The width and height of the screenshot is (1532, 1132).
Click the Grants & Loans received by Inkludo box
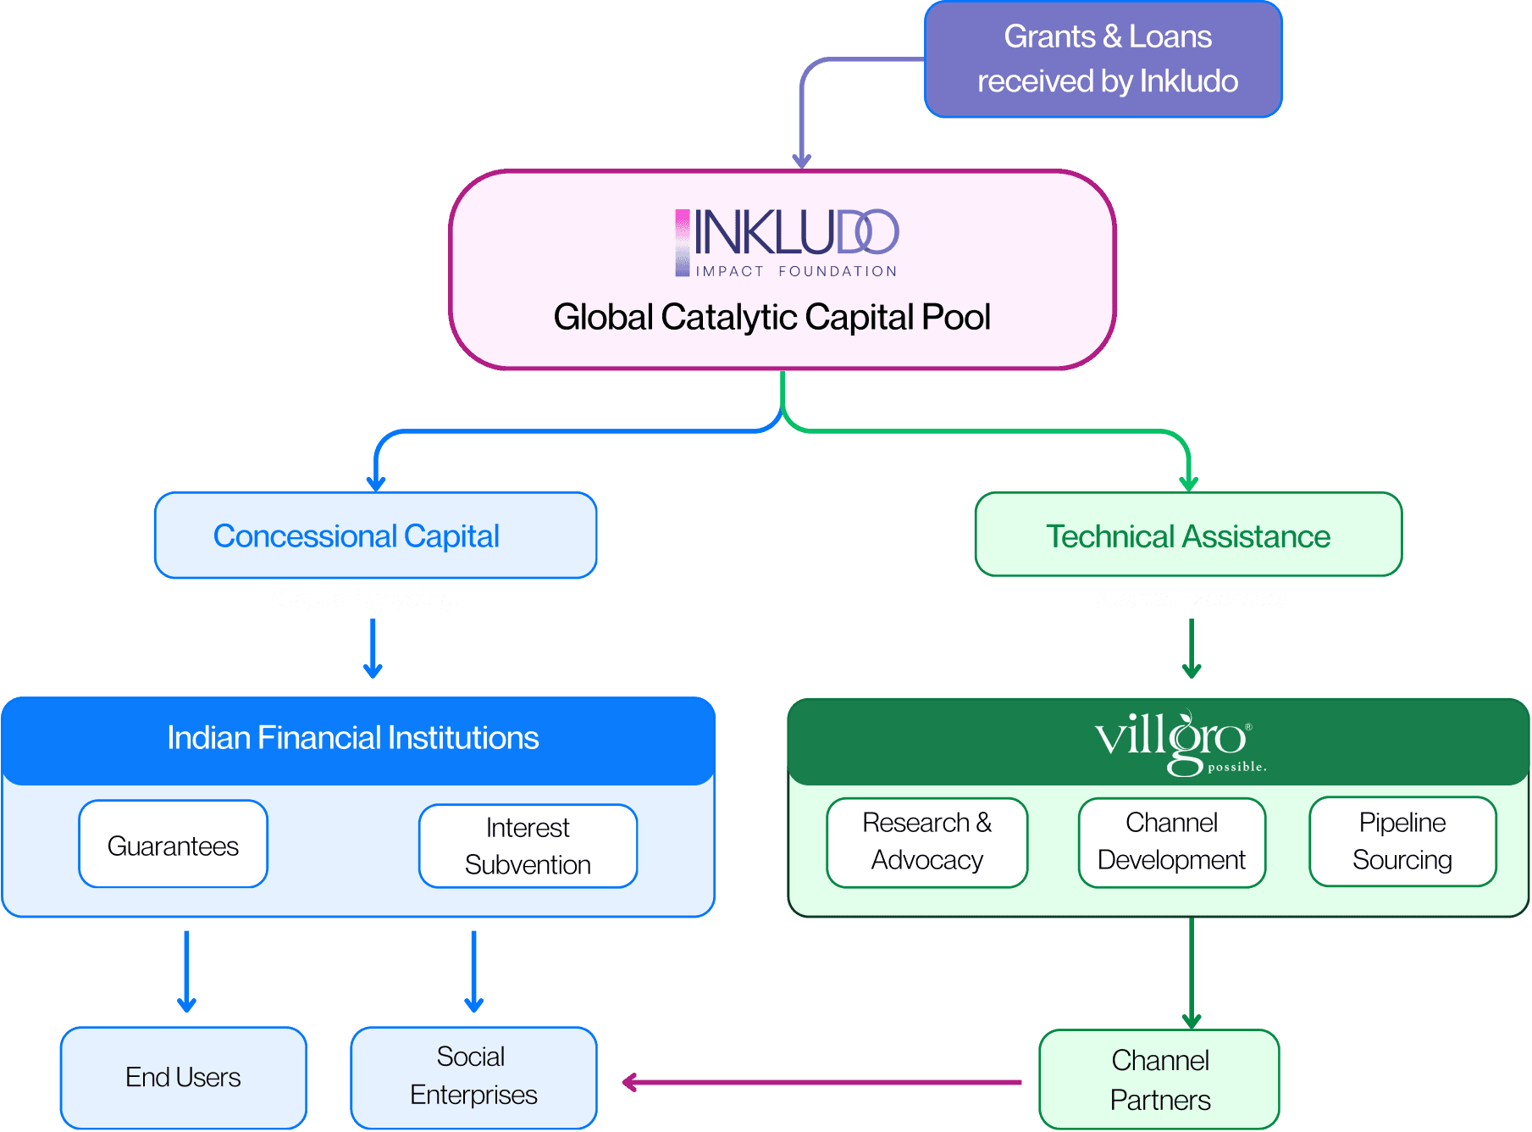pyautogui.click(x=1103, y=59)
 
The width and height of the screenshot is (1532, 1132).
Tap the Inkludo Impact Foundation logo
pyautogui.click(x=787, y=243)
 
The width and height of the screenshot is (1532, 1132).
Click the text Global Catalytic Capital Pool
pyautogui.click(x=772, y=317)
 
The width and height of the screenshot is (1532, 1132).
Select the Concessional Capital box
pyautogui.click(x=376, y=535)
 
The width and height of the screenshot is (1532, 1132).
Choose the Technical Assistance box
pyautogui.click(x=1188, y=535)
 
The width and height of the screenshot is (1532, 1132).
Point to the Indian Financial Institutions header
pyautogui.click(x=358, y=740)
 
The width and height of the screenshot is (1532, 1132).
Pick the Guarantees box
pyautogui.click(x=174, y=844)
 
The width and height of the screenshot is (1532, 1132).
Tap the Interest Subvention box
pyautogui.click(x=528, y=846)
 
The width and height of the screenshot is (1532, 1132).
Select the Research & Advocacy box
pyautogui.click(x=927, y=842)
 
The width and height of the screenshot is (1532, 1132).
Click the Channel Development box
pyautogui.click(x=1172, y=842)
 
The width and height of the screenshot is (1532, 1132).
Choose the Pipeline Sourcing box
pyautogui.click(x=1402, y=841)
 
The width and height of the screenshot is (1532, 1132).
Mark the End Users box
pyautogui.click(x=184, y=1078)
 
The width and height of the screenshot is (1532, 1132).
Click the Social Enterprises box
pyautogui.click(x=474, y=1078)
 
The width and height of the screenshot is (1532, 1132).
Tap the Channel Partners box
pyautogui.click(x=1159, y=1079)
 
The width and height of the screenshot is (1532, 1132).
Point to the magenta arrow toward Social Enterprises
pyautogui.click(x=821, y=1082)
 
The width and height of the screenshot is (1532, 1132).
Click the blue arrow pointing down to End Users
pyautogui.click(x=187, y=972)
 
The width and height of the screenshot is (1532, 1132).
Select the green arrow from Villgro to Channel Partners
pyautogui.click(x=1192, y=973)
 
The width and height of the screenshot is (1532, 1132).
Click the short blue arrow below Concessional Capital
pyautogui.click(x=373, y=648)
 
